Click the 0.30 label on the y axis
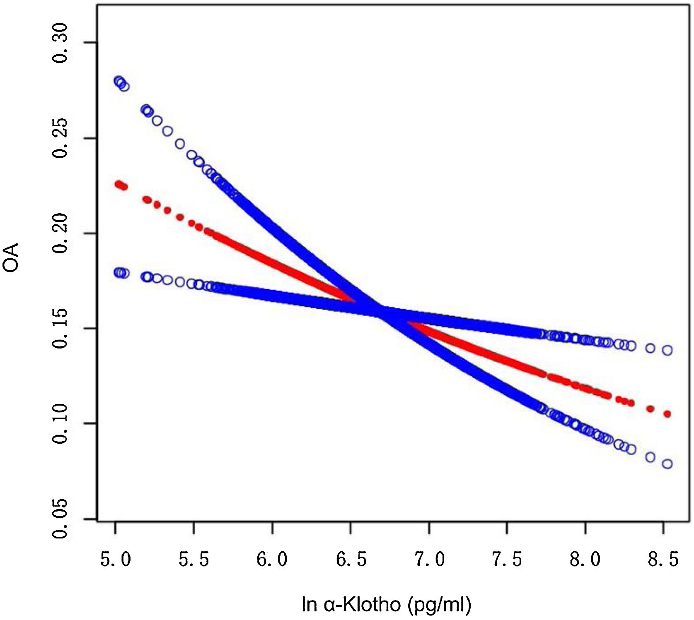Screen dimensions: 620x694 coord(60,43)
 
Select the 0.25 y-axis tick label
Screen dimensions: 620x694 coord(60,138)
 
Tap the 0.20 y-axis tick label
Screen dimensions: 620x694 coord(60,233)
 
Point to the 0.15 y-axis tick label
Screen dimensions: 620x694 coord(60,329)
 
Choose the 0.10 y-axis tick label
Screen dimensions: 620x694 coord(60,423)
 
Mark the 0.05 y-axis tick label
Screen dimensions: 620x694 coord(60,519)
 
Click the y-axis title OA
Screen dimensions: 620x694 coord(11,257)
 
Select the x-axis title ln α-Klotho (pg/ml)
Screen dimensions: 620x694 coord(386,605)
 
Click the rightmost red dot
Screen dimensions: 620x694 coord(667,414)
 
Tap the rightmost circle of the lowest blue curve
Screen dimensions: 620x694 coord(667,464)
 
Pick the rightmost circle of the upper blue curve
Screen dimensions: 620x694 coord(667,350)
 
